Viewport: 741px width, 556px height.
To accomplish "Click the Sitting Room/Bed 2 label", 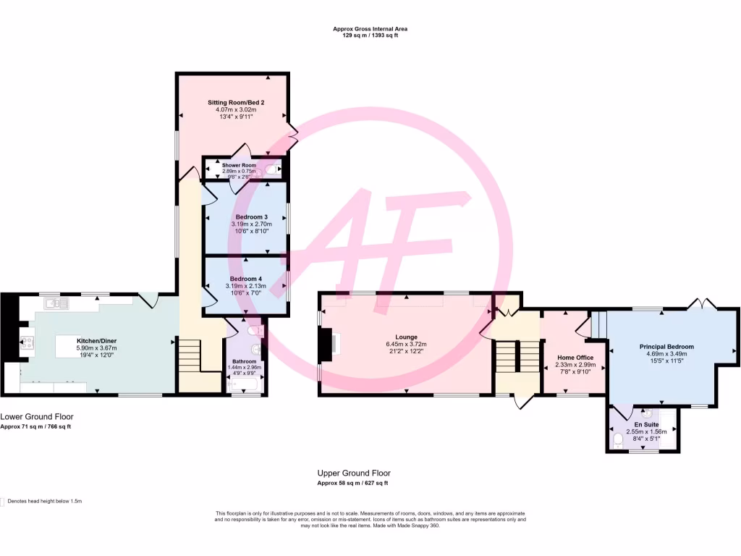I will click(x=236, y=103).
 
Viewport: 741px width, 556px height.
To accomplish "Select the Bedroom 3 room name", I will click(x=251, y=217).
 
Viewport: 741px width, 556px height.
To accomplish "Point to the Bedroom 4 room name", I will click(x=246, y=279).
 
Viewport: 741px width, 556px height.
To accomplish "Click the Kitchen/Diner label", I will click(x=97, y=340).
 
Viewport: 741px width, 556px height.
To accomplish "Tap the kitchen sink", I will click(x=55, y=303).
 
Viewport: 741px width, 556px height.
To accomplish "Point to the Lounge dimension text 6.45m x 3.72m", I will click(x=405, y=353).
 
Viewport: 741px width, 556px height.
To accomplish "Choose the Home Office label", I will click(x=575, y=358).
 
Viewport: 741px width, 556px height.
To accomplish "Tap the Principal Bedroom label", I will click(x=666, y=347).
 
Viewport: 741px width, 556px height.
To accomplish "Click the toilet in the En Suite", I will click(x=618, y=440).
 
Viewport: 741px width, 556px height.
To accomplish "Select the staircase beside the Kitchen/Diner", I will click(x=190, y=356).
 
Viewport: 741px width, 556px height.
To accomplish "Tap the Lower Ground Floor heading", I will click(x=36, y=417).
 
